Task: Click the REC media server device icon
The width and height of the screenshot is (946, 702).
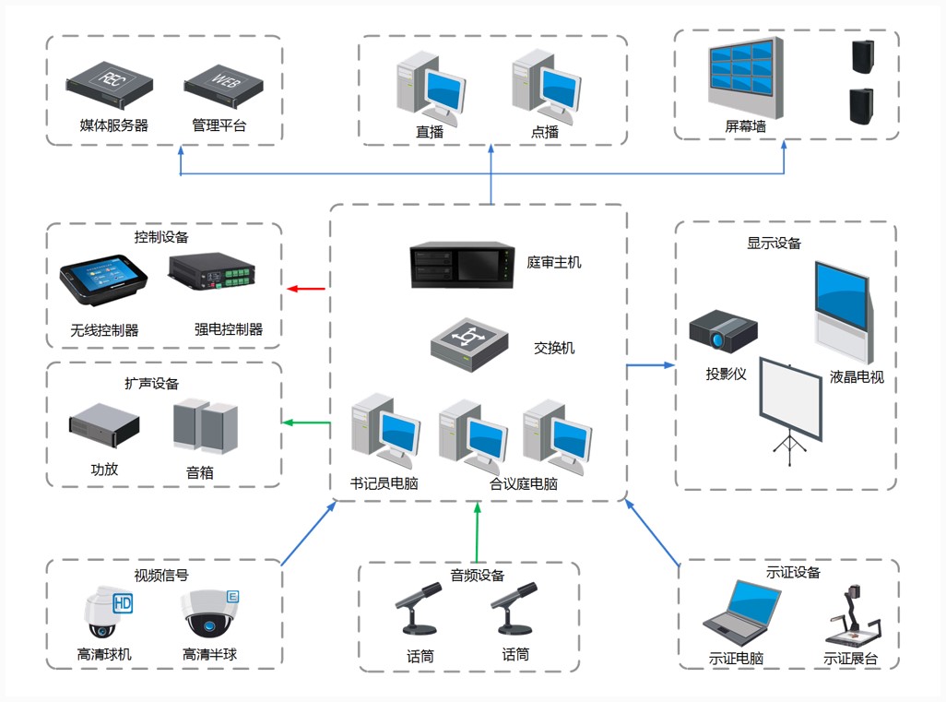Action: [109, 85]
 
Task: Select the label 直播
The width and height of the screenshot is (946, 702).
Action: [430, 132]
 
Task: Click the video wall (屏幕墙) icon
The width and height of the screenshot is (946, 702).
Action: [746, 78]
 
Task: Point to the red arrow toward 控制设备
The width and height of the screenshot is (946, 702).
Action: [306, 289]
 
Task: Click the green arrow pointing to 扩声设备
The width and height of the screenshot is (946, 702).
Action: [306, 422]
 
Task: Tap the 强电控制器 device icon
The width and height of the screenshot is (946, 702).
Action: [212, 272]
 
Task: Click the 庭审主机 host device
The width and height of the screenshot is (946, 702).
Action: [462, 265]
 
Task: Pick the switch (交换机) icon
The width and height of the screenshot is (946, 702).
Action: [469, 345]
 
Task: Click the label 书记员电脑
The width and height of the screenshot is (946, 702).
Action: [384, 483]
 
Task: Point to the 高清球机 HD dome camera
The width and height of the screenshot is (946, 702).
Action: [107, 612]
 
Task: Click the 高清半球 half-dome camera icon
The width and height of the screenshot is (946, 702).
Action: [210, 613]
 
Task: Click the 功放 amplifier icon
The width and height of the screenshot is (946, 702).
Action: [104, 425]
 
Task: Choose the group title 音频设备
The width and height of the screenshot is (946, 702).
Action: [478, 576]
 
